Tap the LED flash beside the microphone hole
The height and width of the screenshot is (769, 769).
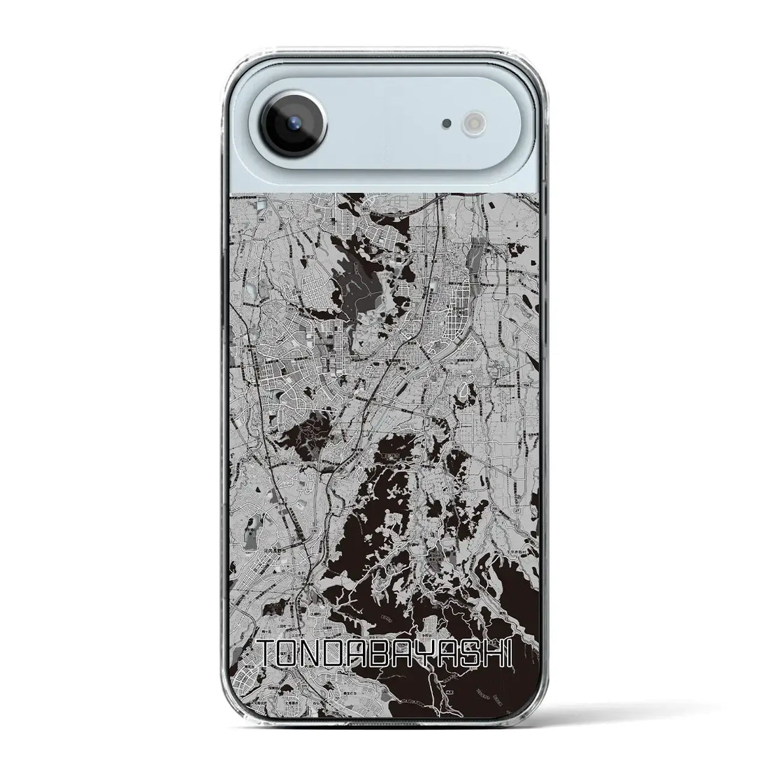[x=469, y=124]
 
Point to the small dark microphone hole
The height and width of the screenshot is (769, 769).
[x=445, y=124]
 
